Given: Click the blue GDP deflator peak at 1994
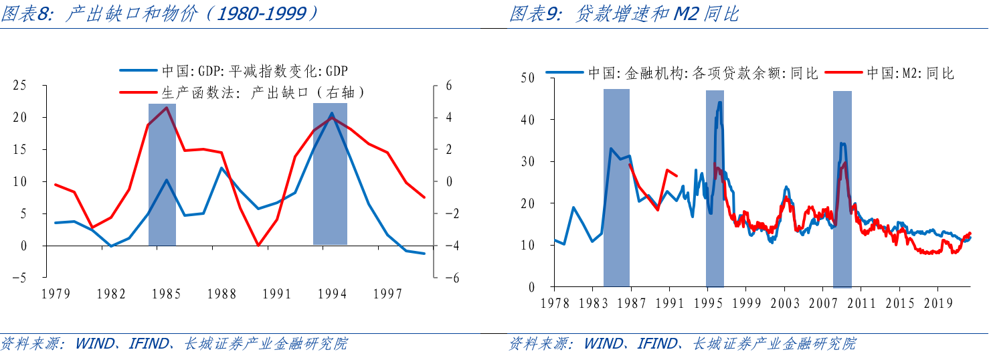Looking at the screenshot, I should (x=331, y=114).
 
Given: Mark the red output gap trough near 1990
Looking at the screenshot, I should (x=259, y=246).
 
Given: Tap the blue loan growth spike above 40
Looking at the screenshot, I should (x=720, y=102).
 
